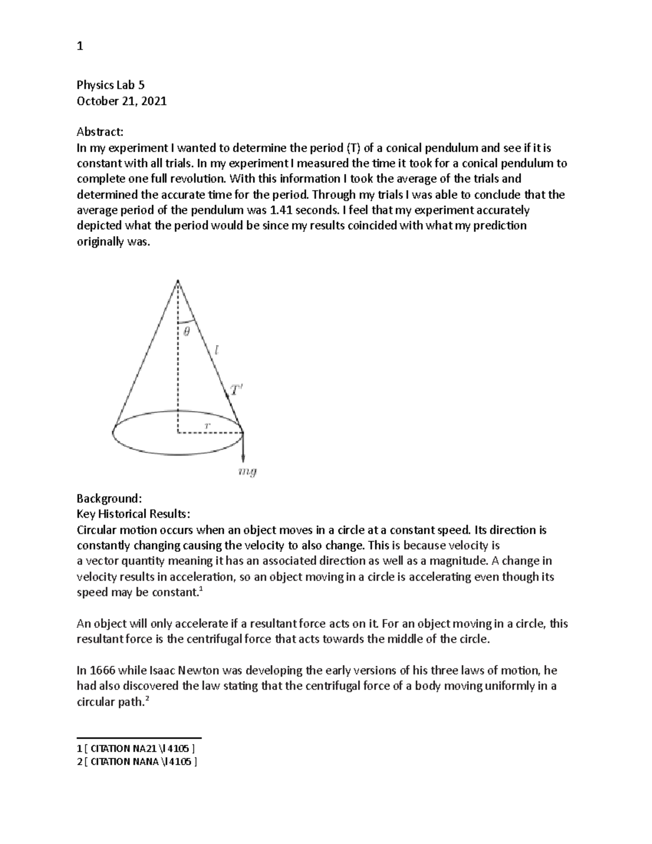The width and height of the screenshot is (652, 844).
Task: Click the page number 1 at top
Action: [80, 47]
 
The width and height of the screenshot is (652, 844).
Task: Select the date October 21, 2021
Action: [122, 101]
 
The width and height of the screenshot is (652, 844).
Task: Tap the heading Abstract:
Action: [100, 132]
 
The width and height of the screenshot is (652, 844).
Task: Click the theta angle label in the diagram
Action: [186, 333]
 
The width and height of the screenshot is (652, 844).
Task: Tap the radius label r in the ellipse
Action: [207, 426]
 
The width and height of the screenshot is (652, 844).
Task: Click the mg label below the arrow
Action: [248, 472]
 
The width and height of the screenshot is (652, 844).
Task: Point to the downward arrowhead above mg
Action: [242, 458]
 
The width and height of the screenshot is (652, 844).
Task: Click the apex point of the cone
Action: [178, 280]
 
